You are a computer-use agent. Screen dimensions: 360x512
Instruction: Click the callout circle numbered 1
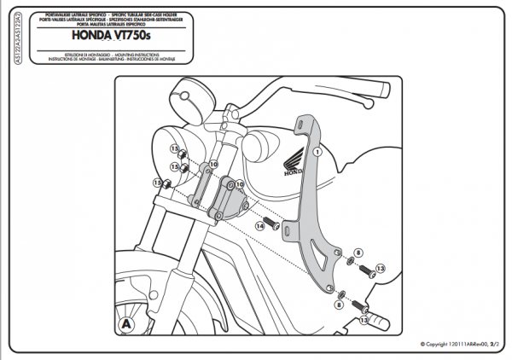click(317, 151)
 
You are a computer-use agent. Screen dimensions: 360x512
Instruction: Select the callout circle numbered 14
click(260, 226)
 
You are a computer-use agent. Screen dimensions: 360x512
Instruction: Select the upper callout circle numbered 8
click(358, 253)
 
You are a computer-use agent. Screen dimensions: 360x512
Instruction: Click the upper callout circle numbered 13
click(381, 268)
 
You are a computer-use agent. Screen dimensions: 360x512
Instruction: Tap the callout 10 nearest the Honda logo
click(240, 183)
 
